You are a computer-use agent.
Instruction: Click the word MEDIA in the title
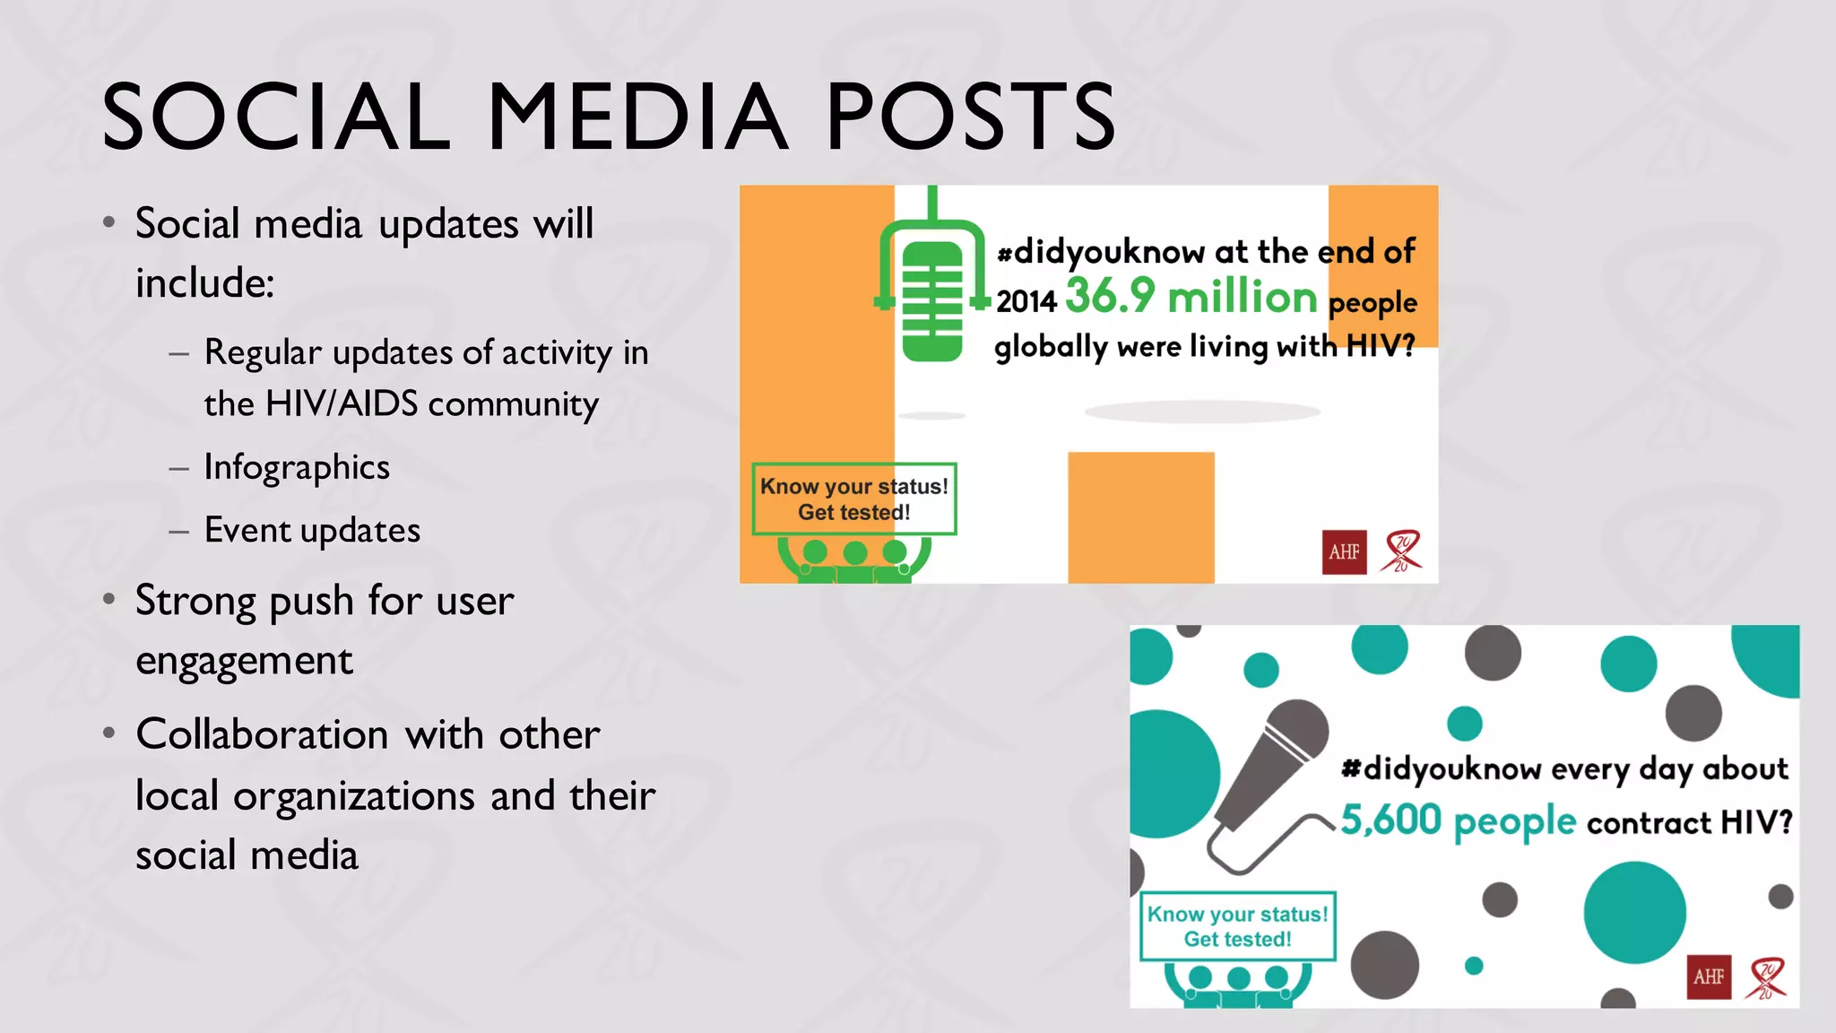[x=637, y=117]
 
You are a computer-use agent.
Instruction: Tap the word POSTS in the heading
[x=971, y=117]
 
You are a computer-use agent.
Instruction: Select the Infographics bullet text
[x=297, y=467]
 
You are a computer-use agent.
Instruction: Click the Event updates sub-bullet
[x=312, y=530]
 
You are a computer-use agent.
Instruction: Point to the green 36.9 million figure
[x=1191, y=296]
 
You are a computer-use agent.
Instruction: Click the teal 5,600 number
[x=1390, y=820]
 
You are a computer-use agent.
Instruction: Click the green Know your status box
[x=853, y=499]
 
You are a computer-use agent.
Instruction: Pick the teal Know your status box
[x=1237, y=926]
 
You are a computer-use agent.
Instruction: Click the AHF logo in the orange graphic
[x=1344, y=551]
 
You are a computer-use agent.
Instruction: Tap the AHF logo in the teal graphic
[x=1709, y=977]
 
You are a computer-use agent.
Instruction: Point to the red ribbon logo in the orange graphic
[x=1401, y=551]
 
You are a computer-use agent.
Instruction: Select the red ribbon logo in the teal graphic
[x=1765, y=978]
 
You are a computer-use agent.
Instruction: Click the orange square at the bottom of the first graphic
[x=1140, y=517]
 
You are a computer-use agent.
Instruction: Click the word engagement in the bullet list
[x=244, y=661]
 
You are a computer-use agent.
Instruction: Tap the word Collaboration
[x=262, y=734]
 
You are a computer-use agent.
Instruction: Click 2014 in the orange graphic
[x=1026, y=301]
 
